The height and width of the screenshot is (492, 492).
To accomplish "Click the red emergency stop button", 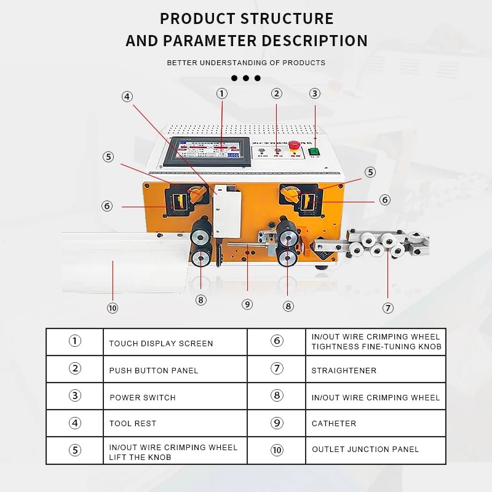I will click(x=294, y=145).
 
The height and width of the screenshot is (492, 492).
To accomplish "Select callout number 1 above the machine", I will click(x=221, y=93).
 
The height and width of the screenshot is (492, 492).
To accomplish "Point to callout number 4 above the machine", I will click(x=127, y=97).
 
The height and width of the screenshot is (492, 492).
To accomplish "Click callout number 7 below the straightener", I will click(x=387, y=308).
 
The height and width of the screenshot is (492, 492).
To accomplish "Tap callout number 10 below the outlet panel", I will click(x=112, y=308).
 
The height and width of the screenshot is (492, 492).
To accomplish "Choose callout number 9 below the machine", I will click(x=247, y=304).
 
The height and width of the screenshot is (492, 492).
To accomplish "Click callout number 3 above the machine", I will click(x=315, y=93).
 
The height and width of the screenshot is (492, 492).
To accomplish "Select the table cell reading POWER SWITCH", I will click(x=143, y=397).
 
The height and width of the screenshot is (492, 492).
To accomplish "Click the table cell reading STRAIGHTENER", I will click(x=344, y=370).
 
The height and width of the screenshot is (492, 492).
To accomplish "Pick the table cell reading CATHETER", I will click(x=334, y=423).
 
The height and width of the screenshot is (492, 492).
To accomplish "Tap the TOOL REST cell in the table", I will click(x=133, y=423).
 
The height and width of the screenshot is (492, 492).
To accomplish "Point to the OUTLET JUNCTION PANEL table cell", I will click(x=365, y=450).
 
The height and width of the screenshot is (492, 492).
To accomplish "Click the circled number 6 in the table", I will click(x=277, y=341).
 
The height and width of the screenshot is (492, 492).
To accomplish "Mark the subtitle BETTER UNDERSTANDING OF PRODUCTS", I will click(x=246, y=63).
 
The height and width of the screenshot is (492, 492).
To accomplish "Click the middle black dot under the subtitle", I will click(x=246, y=78).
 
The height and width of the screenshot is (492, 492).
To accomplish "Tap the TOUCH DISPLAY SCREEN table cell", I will click(x=161, y=343).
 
